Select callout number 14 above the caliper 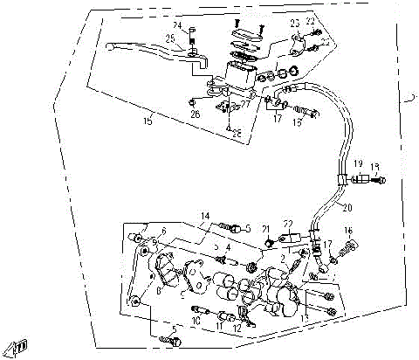click(205, 215)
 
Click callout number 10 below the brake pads click(196, 321)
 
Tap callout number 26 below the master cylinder click(195, 114)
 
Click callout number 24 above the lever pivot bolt click(177, 26)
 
